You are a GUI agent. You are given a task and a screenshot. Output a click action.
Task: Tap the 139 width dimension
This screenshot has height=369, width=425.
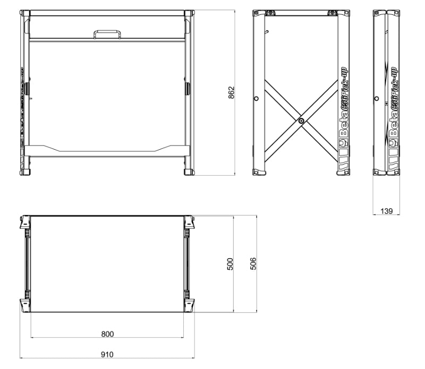pos(387,211)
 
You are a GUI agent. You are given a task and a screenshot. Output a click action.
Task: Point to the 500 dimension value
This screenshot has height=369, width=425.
pos(231,263)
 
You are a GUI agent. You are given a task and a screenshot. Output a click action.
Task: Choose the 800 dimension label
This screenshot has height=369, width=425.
pos(107,334)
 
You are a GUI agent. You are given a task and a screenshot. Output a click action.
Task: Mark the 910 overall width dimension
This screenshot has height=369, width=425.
pos(107,354)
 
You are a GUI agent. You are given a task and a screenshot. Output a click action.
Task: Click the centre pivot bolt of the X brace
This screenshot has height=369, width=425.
pos(301,122)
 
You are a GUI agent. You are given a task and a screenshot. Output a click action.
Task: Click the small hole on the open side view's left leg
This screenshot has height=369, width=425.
pos(257,98)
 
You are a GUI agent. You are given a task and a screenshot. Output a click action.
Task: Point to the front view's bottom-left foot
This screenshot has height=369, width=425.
pos(25,171)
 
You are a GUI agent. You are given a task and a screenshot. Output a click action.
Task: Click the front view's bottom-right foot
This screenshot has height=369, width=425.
pos(189,171)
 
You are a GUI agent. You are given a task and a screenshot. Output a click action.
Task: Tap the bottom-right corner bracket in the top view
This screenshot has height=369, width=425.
pos(189,305)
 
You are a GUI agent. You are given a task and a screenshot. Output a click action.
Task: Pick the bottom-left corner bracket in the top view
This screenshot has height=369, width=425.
pos(25,305)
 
